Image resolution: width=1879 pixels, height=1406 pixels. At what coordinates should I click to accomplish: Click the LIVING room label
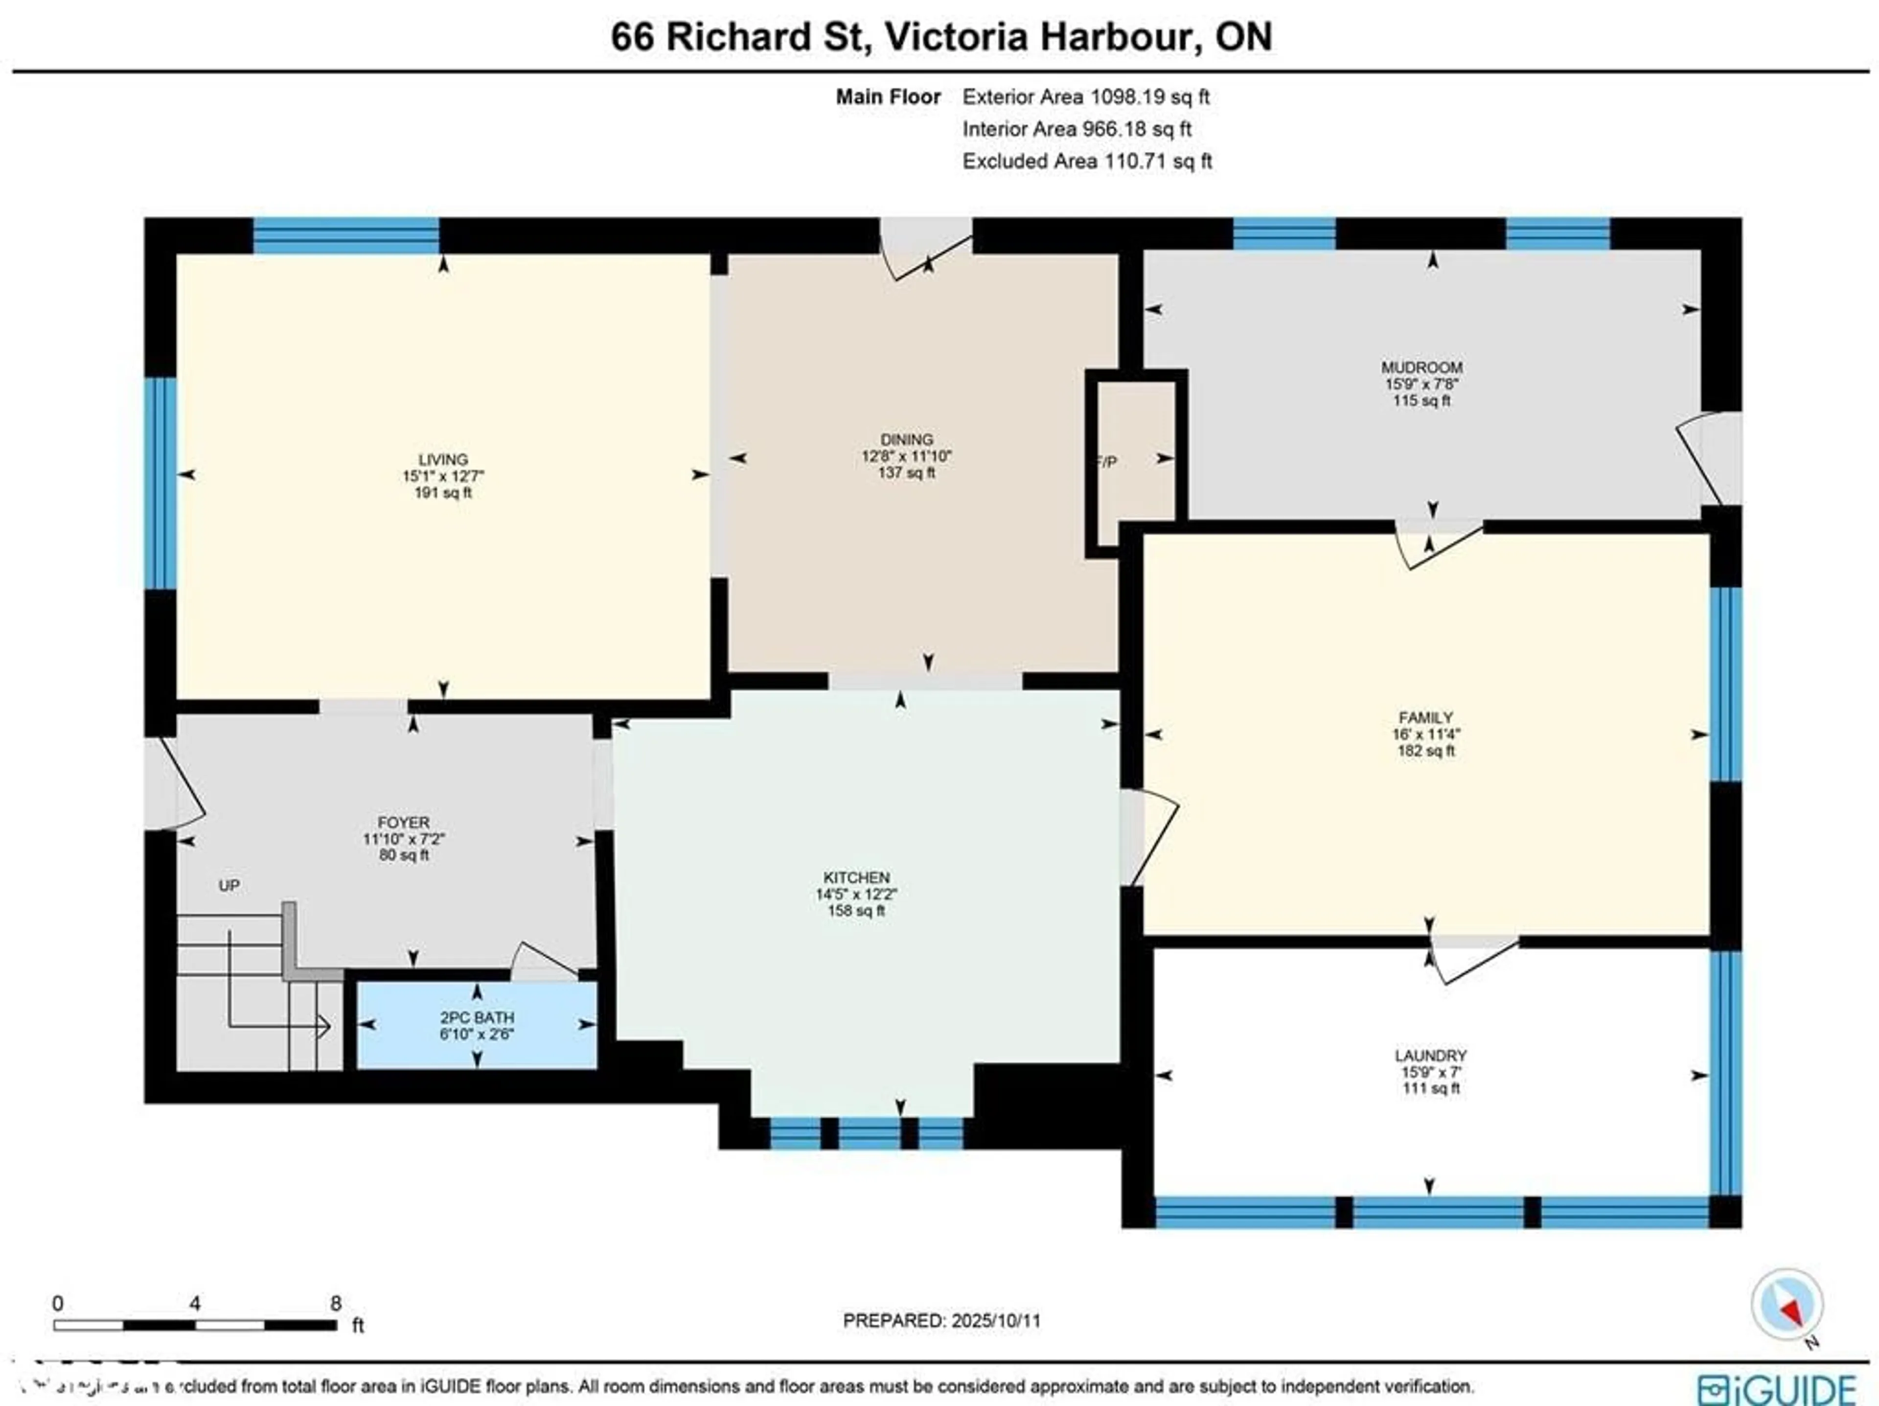click(x=442, y=460)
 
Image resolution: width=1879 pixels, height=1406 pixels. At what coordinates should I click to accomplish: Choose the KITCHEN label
click(x=856, y=877)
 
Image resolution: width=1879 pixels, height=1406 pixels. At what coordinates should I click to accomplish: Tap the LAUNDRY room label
click(x=1430, y=1056)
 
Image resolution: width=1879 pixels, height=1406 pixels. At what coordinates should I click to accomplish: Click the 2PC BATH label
click(x=477, y=1018)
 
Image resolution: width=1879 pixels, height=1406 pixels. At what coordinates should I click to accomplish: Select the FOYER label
click(x=404, y=822)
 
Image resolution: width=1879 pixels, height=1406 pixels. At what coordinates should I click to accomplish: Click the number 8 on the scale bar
click(x=336, y=1303)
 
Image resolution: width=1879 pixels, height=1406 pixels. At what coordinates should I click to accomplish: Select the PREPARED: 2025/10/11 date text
click(x=941, y=1321)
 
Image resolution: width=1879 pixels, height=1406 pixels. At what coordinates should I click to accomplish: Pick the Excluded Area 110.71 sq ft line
click(x=1086, y=161)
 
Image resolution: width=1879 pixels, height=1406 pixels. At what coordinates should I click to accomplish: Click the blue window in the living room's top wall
click(x=346, y=235)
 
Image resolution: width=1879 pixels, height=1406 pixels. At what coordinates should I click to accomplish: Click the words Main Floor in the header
click(x=888, y=97)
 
